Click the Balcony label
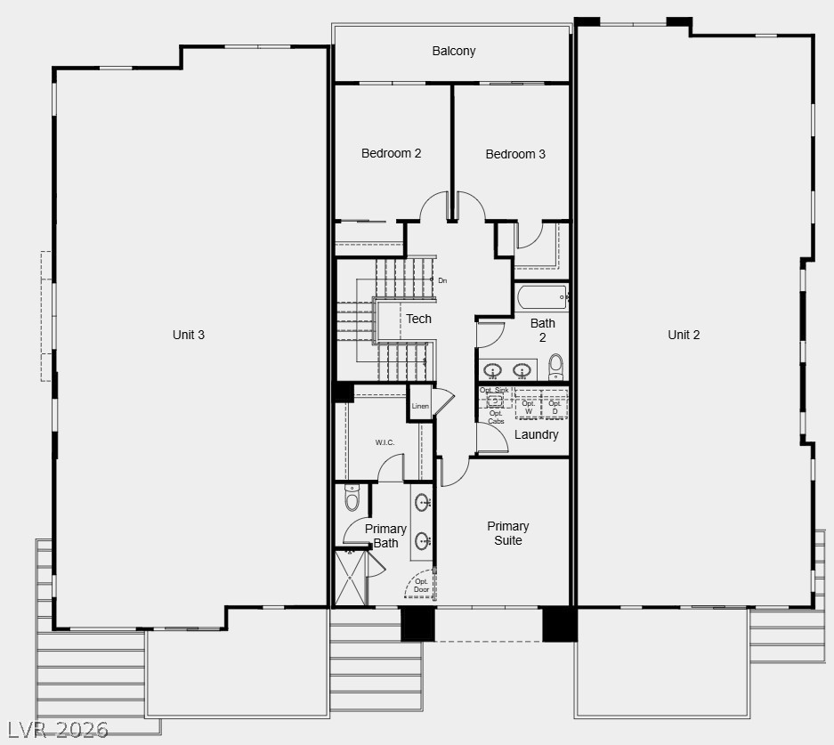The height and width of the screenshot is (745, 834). (453, 51)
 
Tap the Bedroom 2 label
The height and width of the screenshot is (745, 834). (391, 153)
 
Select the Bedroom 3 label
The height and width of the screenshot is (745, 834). (515, 154)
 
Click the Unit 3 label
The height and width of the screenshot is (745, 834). (189, 335)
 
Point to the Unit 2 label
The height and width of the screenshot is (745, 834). (684, 335)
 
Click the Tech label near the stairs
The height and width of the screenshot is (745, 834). (418, 319)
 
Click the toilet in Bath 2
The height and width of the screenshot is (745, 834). (556, 365)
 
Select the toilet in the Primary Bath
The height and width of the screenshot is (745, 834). (352, 500)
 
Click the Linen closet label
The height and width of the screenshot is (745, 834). (420, 406)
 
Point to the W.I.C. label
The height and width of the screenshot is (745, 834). (385, 442)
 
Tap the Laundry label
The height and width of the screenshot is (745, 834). (537, 434)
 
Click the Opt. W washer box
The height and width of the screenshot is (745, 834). (528, 407)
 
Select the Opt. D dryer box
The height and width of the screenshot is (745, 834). (555, 407)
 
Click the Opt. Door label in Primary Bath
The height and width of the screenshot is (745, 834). (421, 586)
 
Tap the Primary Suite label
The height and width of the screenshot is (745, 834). (507, 533)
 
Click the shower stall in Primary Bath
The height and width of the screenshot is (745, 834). (350, 579)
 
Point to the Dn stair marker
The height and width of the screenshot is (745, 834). (441, 280)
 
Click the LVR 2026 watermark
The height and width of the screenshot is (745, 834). (54, 730)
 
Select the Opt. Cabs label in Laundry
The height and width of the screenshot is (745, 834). (496, 417)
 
